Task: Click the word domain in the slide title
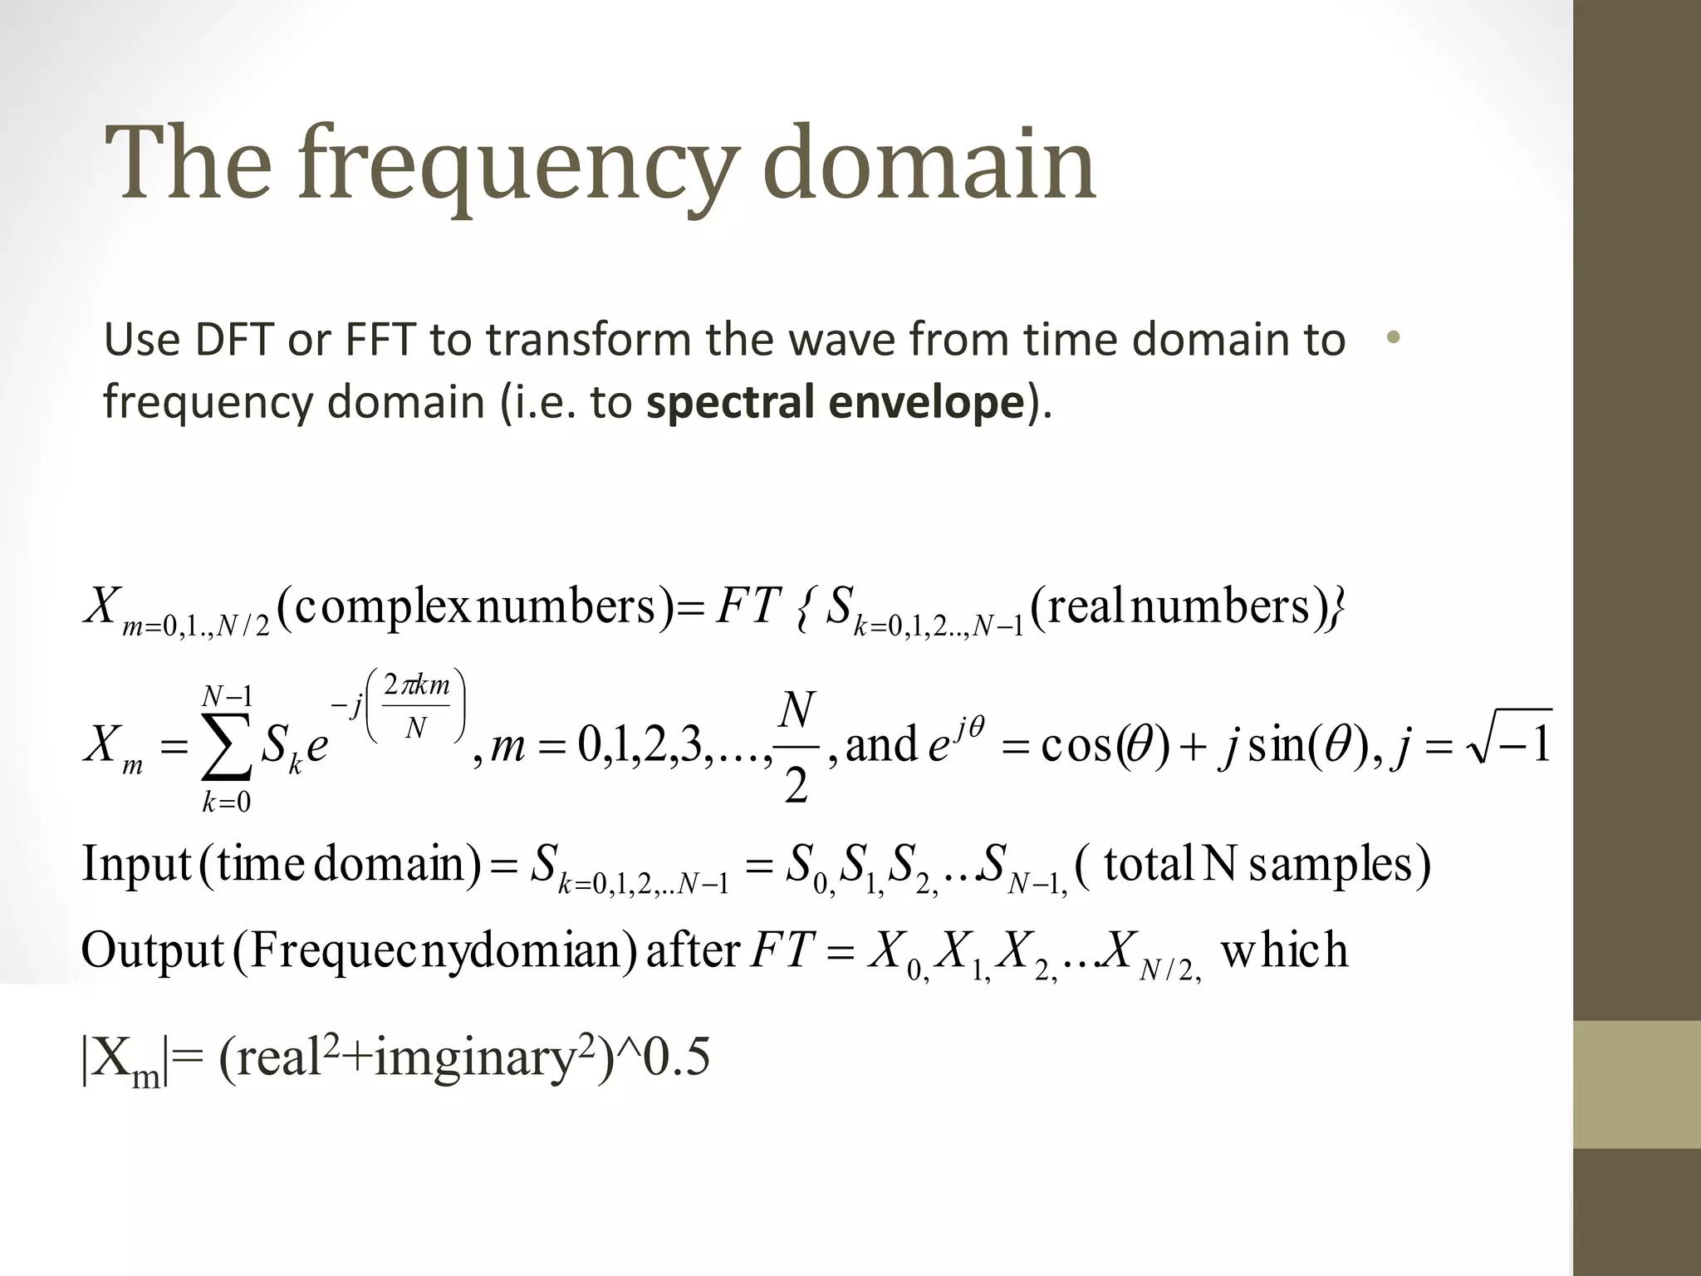[x=929, y=163]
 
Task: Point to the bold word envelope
[x=926, y=402]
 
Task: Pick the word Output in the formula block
[x=153, y=950]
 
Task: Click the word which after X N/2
[x=1283, y=950]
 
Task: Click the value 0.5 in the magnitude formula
[x=677, y=1058]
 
